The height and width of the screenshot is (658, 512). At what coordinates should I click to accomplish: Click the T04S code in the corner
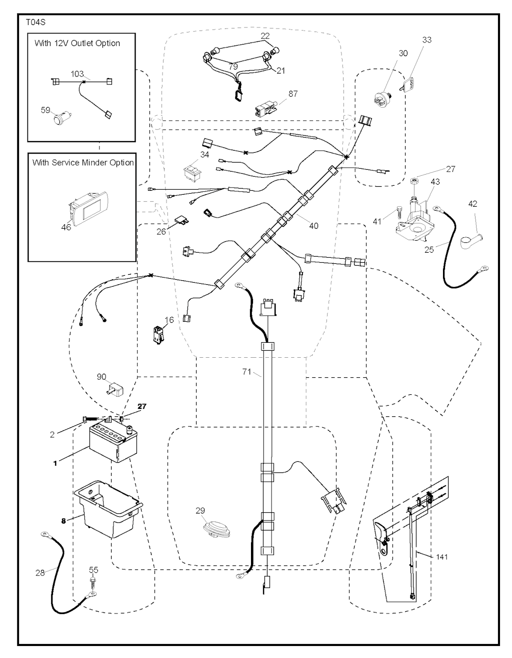(x=33, y=23)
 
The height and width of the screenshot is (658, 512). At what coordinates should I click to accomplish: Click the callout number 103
(x=77, y=74)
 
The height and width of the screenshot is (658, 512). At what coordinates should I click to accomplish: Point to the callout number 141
(x=441, y=556)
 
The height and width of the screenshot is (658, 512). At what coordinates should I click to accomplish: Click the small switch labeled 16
(x=158, y=334)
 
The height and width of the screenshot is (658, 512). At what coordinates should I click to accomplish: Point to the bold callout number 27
(x=142, y=406)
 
